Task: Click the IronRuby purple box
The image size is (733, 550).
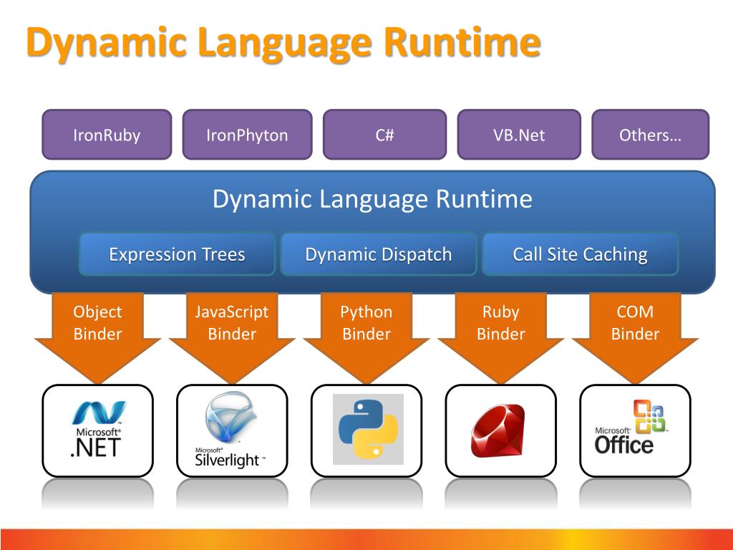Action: [x=107, y=135]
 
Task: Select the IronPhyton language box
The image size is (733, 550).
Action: [x=247, y=135]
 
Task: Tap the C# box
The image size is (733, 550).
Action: [x=384, y=135]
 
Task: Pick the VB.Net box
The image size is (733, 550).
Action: [x=519, y=135]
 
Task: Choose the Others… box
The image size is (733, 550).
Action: [x=650, y=135]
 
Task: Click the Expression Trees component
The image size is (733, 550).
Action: [x=177, y=254]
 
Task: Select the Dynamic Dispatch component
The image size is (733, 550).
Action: [x=378, y=254]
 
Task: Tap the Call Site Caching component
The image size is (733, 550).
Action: [x=580, y=254]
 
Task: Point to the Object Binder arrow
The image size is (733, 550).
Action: [x=97, y=329]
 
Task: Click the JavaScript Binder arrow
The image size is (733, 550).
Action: [x=232, y=329]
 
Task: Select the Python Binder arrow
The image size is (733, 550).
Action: [x=366, y=329]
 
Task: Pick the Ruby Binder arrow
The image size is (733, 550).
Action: [x=500, y=329]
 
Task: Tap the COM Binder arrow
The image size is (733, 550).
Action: [x=635, y=329]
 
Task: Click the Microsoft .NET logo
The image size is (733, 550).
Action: [x=97, y=430]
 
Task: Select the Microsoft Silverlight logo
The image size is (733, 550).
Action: [x=230, y=430]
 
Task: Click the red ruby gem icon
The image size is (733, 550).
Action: [x=498, y=430]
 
